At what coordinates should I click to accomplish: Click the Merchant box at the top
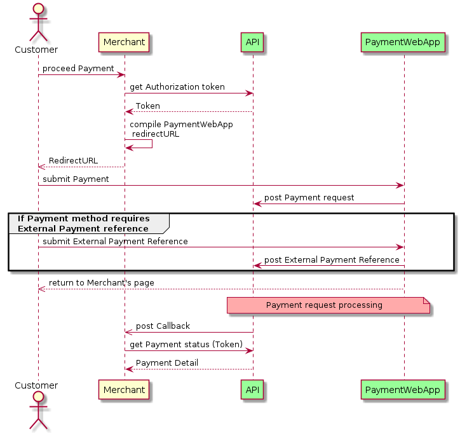[124, 43]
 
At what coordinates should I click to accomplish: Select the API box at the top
[252, 43]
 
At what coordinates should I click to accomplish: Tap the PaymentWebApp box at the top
[403, 43]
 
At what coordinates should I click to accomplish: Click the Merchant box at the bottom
[124, 389]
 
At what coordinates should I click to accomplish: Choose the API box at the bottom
[252, 389]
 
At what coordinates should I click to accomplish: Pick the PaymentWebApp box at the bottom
[403, 389]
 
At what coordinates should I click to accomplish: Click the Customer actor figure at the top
[37, 22]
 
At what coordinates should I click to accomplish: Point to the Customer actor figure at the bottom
[37, 410]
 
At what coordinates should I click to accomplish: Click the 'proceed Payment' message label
[78, 68]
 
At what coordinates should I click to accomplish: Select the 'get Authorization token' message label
[177, 86]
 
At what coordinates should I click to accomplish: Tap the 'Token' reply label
[147, 106]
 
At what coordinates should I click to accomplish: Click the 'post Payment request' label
[309, 197]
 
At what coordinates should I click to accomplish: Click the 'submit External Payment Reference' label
[115, 241]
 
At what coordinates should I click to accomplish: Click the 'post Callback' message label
[163, 326]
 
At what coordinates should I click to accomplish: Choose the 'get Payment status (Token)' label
[186, 344]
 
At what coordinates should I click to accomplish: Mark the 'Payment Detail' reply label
[166, 362]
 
